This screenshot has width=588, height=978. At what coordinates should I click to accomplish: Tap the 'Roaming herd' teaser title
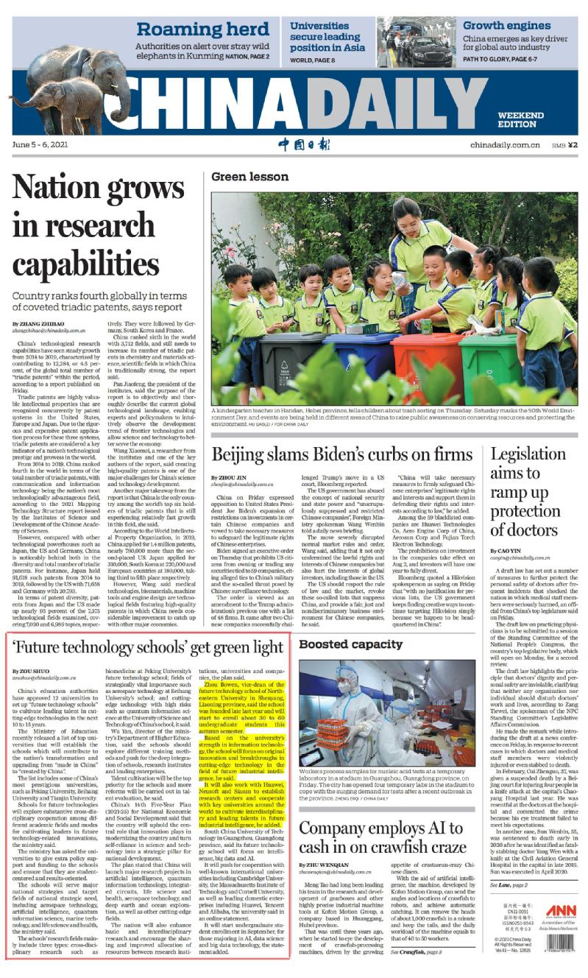pyautogui.click(x=202, y=29)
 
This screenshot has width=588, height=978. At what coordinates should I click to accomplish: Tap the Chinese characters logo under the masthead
pyautogui.click(x=294, y=144)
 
